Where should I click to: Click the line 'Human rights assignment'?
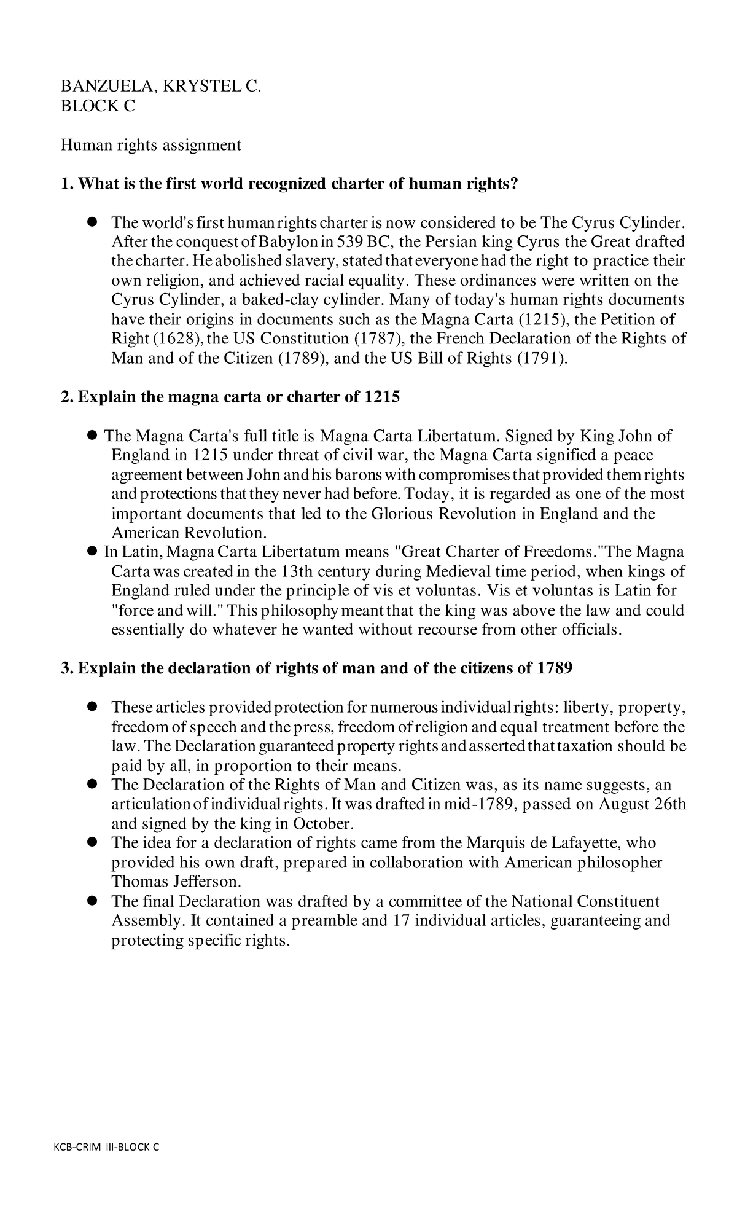(150, 145)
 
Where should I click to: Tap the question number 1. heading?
(66, 184)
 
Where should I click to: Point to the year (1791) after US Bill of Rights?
(542, 358)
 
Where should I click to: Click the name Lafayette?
(574, 843)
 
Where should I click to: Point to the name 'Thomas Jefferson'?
(175, 882)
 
